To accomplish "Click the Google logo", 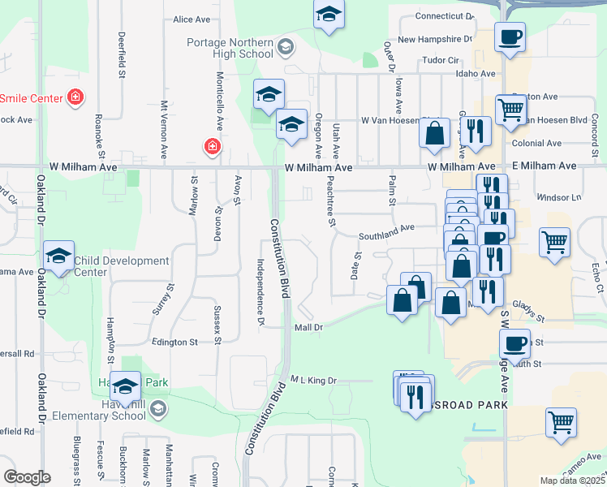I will pyautogui.click(x=27, y=477).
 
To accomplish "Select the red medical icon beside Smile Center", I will pyautogui.click(x=75, y=98).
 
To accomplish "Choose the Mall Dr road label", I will pyautogui.click(x=308, y=328).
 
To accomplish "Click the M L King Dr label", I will pyautogui.click(x=313, y=380).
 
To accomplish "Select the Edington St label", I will pyautogui.click(x=170, y=343).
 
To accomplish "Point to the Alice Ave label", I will pyautogui.click(x=192, y=19).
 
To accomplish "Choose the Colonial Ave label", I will pyautogui.click(x=536, y=143).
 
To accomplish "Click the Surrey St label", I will pyautogui.click(x=170, y=299).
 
